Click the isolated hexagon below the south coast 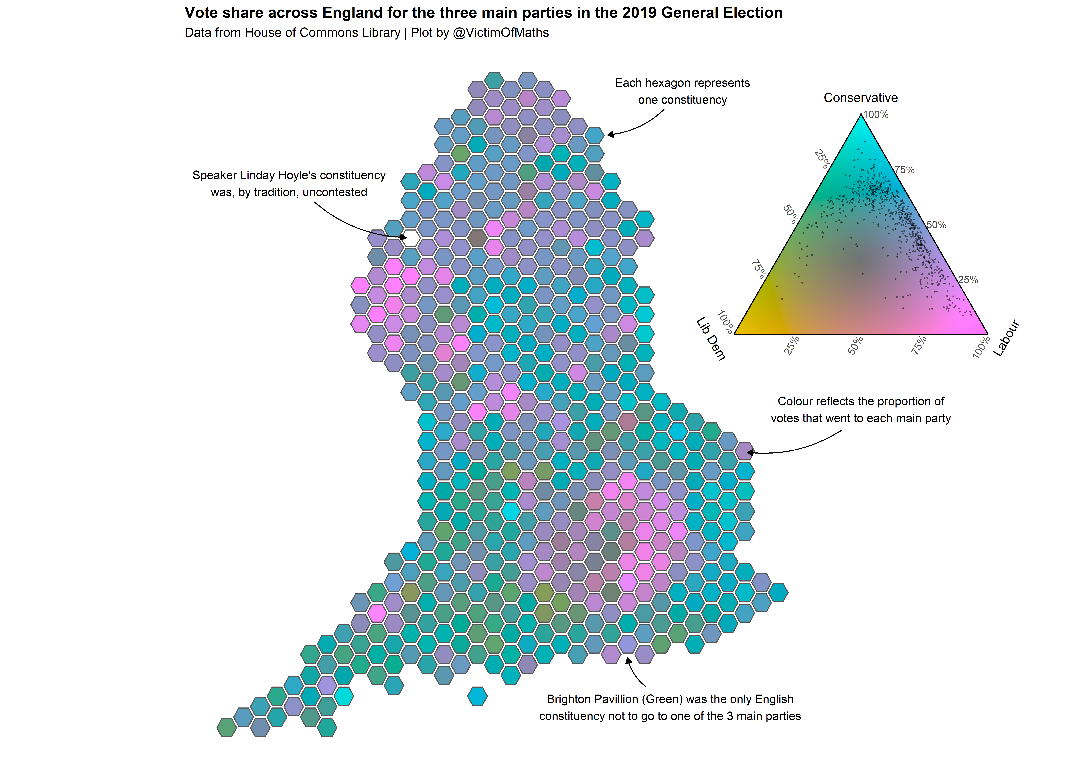477,696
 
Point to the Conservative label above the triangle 860,98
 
